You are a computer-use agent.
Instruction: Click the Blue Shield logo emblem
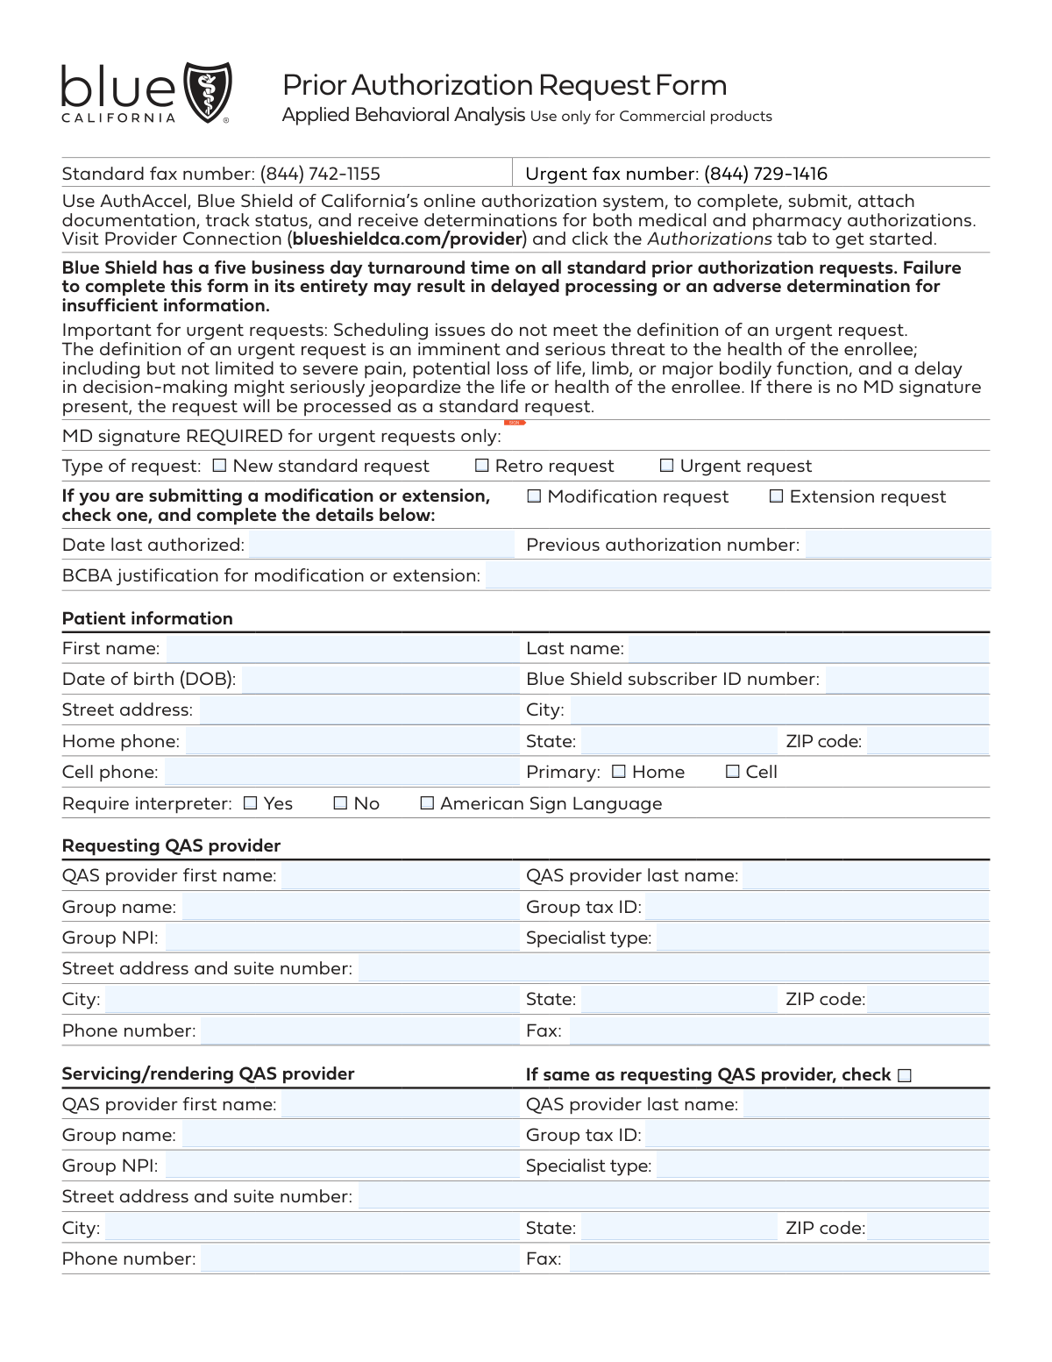coord(208,91)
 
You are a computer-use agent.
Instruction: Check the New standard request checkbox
coord(220,466)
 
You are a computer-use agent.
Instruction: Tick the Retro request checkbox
coord(481,466)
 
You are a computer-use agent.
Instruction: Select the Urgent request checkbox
coord(666,466)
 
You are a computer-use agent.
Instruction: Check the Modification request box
coord(534,496)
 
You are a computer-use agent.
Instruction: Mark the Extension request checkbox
coord(776,496)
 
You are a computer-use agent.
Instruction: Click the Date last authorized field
coord(380,545)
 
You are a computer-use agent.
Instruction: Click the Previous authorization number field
coord(896,545)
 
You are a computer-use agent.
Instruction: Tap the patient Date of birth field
coord(379,679)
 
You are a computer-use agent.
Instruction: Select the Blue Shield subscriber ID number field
coord(906,679)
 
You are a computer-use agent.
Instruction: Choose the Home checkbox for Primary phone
coord(619,772)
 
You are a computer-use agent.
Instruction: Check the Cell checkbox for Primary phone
coord(733,772)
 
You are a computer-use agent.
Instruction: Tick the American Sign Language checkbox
coord(427,803)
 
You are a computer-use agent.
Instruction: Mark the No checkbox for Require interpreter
coord(340,803)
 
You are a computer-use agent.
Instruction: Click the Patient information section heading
coord(147,618)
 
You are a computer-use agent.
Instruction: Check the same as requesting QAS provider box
coord(905,1075)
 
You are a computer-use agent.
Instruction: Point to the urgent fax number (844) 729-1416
coord(765,174)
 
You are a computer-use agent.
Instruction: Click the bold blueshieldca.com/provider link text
coord(408,239)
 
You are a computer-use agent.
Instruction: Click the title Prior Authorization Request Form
coord(504,85)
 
